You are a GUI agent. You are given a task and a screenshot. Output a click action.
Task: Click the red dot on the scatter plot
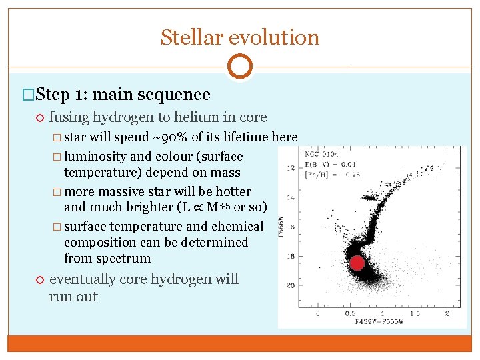point(357,263)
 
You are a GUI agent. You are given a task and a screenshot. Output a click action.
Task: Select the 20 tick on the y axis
point(291,285)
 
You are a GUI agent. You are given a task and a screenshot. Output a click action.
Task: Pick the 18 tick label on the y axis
point(291,256)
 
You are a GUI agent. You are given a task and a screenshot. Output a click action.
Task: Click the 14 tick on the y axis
point(291,198)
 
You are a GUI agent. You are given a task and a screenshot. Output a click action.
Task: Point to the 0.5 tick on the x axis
point(349,313)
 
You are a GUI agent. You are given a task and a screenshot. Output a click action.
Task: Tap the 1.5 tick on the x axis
point(414,313)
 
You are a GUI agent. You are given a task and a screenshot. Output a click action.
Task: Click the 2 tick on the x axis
point(447,313)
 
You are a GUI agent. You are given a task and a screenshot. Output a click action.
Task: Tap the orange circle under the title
point(239,67)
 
